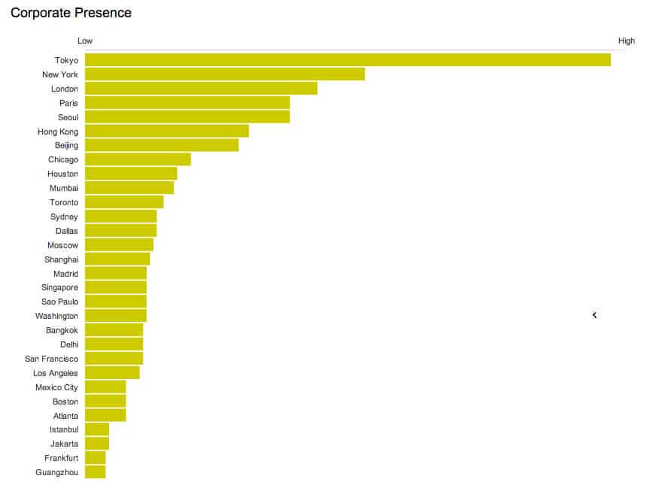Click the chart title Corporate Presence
point(71,13)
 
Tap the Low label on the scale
point(85,41)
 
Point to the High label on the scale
point(626,41)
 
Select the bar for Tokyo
point(348,60)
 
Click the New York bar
point(224,74)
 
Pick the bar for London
point(201,89)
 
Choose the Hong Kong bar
point(166,132)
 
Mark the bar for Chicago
point(138,159)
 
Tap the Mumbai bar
point(129,188)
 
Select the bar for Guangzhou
point(95,472)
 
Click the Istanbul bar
point(97,429)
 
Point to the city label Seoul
point(68,117)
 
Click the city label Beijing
point(66,145)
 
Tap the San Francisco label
point(51,359)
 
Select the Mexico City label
point(56,387)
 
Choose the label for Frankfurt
point(61,458)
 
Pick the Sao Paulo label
point(59,302)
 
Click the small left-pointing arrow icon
point(594,315)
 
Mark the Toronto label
point(64,202)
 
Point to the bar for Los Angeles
point(112,373)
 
